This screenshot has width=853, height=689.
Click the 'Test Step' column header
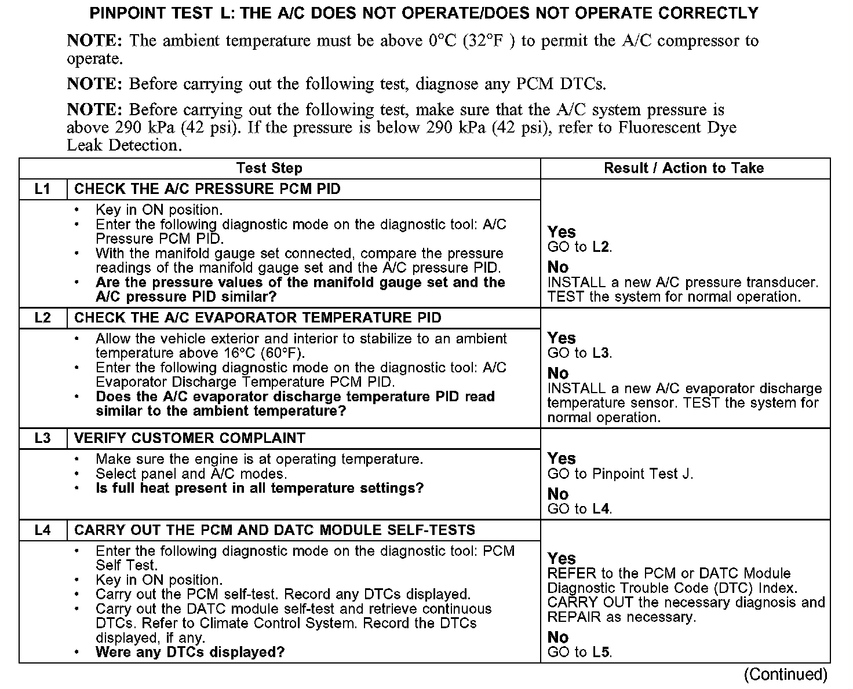(x=269, y=168)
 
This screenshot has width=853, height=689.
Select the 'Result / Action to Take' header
(x=684, y=168)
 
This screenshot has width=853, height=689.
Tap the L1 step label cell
(x=43, y=189)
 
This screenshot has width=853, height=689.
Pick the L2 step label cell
(x=43, y=318)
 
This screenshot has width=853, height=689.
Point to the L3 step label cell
(x=43, y=438)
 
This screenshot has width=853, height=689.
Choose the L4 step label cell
(x=43, y=530)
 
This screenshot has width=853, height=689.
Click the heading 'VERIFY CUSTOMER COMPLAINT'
(x=189, y=438)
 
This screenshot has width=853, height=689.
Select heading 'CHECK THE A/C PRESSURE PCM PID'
(x=207, y=189)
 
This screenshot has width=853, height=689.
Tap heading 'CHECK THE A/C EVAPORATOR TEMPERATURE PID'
(x=258, y=318)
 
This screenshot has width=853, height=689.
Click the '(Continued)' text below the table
(x=785, y=675)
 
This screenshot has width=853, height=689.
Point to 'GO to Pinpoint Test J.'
(x=620, y=474)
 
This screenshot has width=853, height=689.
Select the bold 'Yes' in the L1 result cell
(x=562, y=232)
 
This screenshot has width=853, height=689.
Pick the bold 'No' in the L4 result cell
(x=558, y=637)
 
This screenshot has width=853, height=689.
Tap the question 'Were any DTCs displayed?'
(x=190, y=653)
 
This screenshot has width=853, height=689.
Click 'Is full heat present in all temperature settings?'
(x=260, y=489)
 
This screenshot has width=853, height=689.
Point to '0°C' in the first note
(x=443, y=41)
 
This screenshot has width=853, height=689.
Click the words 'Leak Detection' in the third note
(x=123, y=145)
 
